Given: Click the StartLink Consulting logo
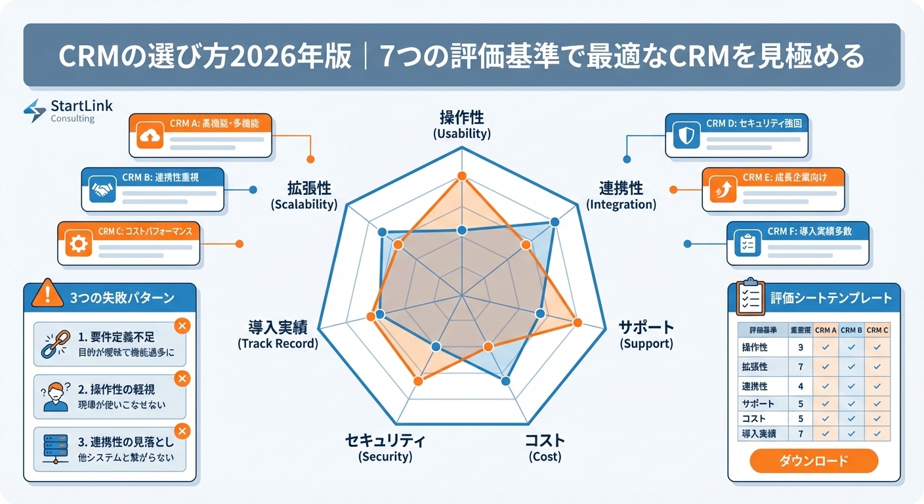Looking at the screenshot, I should pyautogui.click(x=68, y=111).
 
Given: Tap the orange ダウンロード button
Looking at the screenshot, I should pyautogui.click(x=813, y=461).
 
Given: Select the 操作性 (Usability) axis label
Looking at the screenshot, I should pyautogui.click(x=461, y=124).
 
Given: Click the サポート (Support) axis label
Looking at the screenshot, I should pyautogui.click(x=646, y=334).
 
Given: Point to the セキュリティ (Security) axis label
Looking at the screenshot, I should pyautogui.click(x=385, y=448).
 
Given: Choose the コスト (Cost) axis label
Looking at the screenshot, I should pyautogui.click(x=545, y=448).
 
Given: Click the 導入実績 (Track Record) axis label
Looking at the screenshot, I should pyautogui.click(x=278, y=334).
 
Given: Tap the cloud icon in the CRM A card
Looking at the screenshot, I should pyautogui.click(x=150, y=137).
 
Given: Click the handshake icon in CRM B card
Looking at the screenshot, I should pyautogui.click(x=102, y=190).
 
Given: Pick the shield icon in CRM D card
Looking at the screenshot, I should pyautogui.click(x=685, y=136).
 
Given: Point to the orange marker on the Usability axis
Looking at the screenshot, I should pyautogui.click(x=461, y=176).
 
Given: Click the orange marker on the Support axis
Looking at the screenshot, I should pyautogui.click(x=577, y=322).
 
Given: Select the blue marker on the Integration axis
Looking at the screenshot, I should pyautogui.click(x=555, y=222).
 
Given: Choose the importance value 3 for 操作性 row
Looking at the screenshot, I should pyautogui.click(x=800, y=347).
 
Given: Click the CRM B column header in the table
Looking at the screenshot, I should pyautogui.click(x=851, y=330).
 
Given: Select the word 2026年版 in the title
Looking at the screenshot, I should pyautogui.click(x=301, y=57).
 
